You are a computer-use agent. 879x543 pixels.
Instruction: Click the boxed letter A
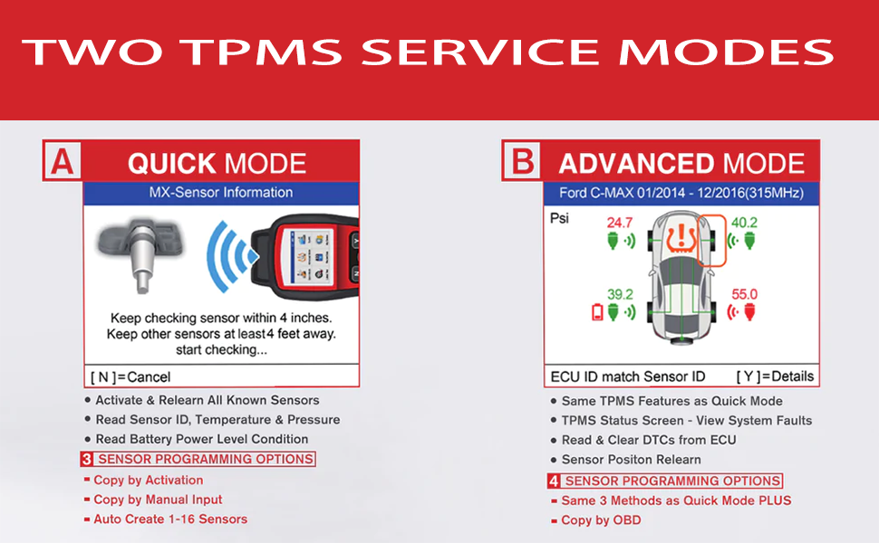(x=62, y=161)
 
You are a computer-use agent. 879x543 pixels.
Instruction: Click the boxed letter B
(x=523, y=162)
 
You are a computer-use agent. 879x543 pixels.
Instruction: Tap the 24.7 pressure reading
(x=620, y=223)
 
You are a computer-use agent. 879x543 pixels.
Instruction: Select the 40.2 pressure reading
(x=744, y=223)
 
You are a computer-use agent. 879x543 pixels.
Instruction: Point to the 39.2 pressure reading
(x=620, y=294)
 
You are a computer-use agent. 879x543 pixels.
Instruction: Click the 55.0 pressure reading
(x=744, y=294)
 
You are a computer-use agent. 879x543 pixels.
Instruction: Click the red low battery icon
(x=597, y=312)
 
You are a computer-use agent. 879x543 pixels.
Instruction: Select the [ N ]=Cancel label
(x=130, y=376)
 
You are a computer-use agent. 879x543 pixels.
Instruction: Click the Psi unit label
(x=560, y=218)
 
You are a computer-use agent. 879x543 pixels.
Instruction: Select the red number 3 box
(x=87, y=459)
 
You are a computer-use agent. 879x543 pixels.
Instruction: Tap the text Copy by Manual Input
(x=158, y=500)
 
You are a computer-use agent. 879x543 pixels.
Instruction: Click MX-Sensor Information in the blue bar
(x=221, y=192)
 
